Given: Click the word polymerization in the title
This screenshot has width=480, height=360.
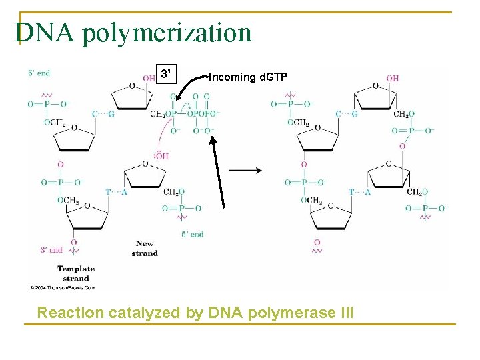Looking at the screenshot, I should [x=167, y=33].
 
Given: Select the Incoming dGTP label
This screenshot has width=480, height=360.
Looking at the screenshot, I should [x=248, y=77].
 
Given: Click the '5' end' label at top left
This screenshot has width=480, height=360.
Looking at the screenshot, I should [x=39, y=73].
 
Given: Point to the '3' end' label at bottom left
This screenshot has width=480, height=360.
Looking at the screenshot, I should [x=51, y=250].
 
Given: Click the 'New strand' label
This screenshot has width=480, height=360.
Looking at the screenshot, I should [x=145, y=248].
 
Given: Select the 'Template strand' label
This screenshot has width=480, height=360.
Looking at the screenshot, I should [x=76, y=273].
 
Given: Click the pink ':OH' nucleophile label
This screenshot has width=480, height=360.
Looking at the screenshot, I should [x=161, y=156].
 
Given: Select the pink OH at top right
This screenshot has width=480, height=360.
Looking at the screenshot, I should [x=393, y=78].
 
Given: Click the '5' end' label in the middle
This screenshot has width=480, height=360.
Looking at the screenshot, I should [x=192, y=235].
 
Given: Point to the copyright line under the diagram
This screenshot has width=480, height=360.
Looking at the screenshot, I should [x=62, y=288].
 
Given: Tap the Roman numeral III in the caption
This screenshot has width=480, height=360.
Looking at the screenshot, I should [x=346, y=312].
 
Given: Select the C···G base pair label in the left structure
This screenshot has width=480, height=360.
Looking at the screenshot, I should [x=103, y=114].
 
